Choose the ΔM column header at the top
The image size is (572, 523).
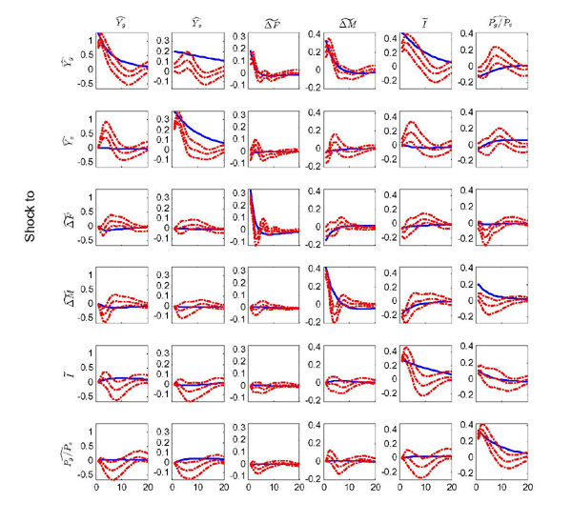(341, 19)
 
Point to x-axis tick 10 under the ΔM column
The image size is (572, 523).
(350, 490)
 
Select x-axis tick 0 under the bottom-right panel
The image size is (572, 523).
(473, 490)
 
